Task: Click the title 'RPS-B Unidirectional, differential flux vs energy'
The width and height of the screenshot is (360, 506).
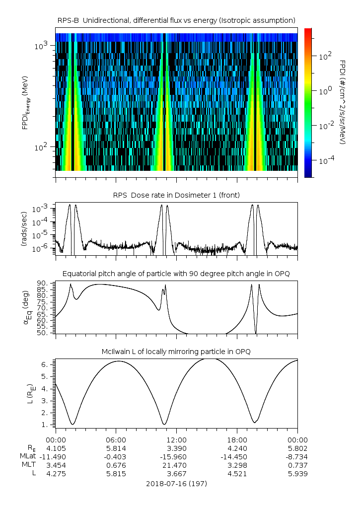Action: click(x=176, y=20)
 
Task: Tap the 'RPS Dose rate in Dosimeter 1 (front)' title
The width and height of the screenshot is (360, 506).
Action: click(x=176, y=195)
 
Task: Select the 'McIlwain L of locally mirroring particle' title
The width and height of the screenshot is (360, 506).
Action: click(x=176, y=352)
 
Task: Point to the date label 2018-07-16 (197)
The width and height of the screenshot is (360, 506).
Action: click(x=176, y=483)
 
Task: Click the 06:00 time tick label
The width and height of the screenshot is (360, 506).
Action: click(x=116, y=440)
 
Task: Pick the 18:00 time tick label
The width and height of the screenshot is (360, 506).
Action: click(x=237, y=440)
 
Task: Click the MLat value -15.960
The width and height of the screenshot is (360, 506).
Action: click(x=176, y=456)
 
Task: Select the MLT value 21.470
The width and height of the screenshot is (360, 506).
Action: click(x=176, y=465)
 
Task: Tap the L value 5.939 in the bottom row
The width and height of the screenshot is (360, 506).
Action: click(x=297, y=473)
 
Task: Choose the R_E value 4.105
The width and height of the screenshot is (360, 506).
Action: click(x=56, y=448)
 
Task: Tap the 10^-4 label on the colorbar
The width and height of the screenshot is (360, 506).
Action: click(x=325, y=160)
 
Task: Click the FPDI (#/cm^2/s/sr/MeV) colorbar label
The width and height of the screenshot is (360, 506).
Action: click(x=342, y=102)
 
